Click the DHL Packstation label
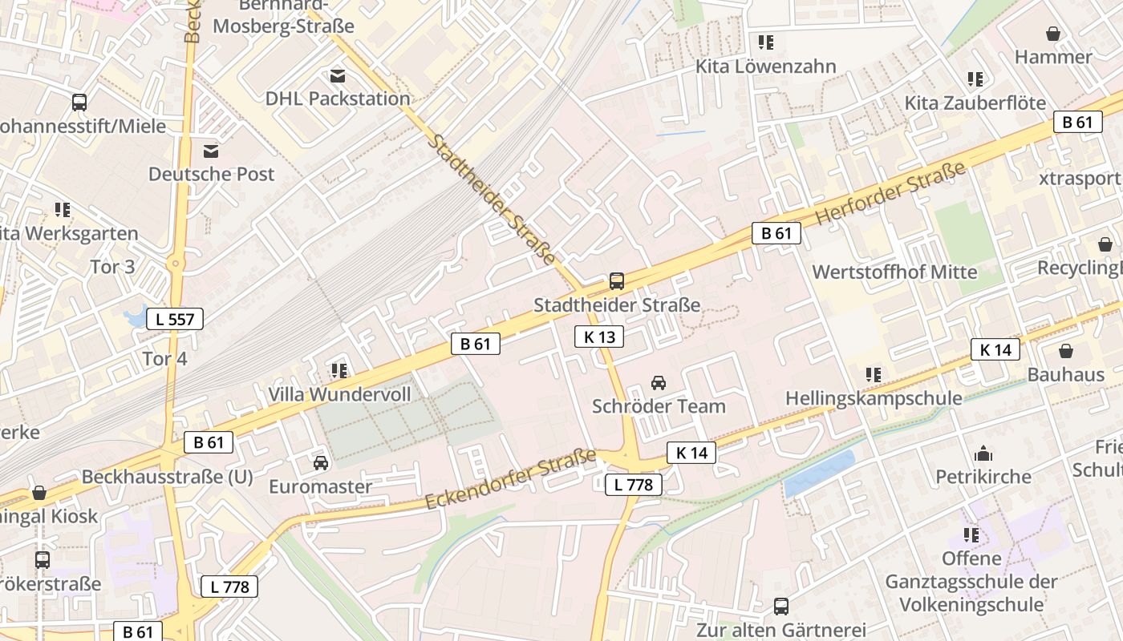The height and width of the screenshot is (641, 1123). [x=338, y=99]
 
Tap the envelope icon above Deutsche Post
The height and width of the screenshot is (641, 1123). [x=211, y=151]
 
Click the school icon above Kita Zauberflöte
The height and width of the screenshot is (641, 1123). [x=975, y=79]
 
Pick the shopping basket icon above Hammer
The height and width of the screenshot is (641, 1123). [x=1053, y=34]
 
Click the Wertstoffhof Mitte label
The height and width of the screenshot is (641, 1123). [x=894, y=272]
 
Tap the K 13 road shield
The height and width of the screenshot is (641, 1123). [x=599, y=337]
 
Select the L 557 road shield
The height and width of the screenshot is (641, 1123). [x=175, y=319]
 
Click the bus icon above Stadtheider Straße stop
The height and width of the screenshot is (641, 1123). [x=616, y=281]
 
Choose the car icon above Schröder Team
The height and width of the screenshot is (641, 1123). [x=659, y=382]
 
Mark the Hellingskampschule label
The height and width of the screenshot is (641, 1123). [x=874, y=398]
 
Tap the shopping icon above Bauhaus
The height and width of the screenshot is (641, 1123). [x=1066, y=351]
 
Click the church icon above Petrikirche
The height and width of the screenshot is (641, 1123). [x=983, y=454]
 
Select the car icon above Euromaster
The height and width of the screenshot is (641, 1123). [x=320, y=463]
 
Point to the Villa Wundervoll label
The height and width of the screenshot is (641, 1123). [x=339, y=394]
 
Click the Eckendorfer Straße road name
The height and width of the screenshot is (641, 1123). [x=510, y=479]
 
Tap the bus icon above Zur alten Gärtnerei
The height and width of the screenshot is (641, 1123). [x=781, y=607]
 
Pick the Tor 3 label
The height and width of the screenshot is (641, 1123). [x=112, y=267]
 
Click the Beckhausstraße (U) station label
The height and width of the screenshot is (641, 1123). [x=167, y=478]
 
